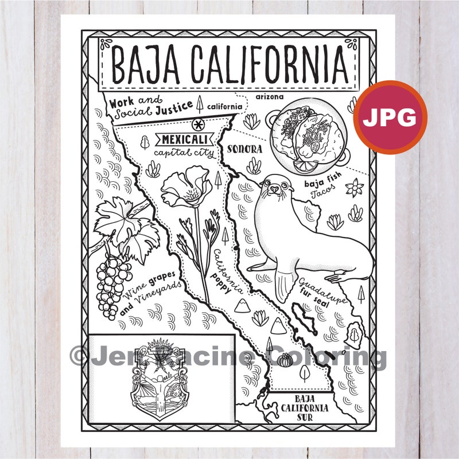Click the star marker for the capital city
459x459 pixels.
[x=198, y=123]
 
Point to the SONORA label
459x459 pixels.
[x=244, y=149]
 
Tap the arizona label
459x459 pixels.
[x=269, y=96]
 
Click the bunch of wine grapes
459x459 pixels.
[x=111, y=281]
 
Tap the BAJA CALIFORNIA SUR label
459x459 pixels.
[x=301, y=408]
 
